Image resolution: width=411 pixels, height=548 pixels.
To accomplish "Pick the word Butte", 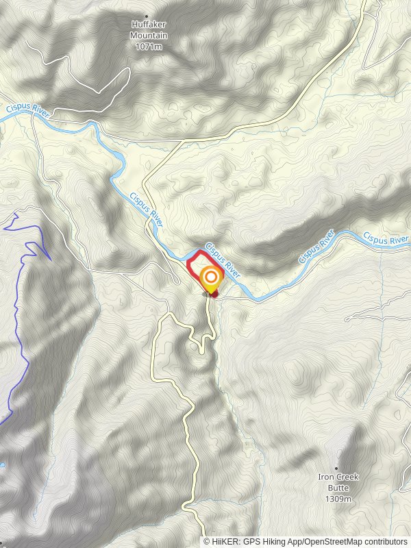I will [x=337, y=487].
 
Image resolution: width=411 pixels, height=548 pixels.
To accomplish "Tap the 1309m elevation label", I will [x=337, y=498].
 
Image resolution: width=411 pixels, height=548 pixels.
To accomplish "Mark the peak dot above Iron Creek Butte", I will [x=337, y=468].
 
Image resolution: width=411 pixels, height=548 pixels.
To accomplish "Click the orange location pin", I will [x=211, y=278].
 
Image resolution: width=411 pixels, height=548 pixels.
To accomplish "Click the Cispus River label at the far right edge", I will [x=386, y=239].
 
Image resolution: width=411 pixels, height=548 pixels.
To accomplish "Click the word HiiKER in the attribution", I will [x=224, y=541].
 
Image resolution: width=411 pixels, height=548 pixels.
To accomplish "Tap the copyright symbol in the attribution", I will [x=207, y=541].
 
